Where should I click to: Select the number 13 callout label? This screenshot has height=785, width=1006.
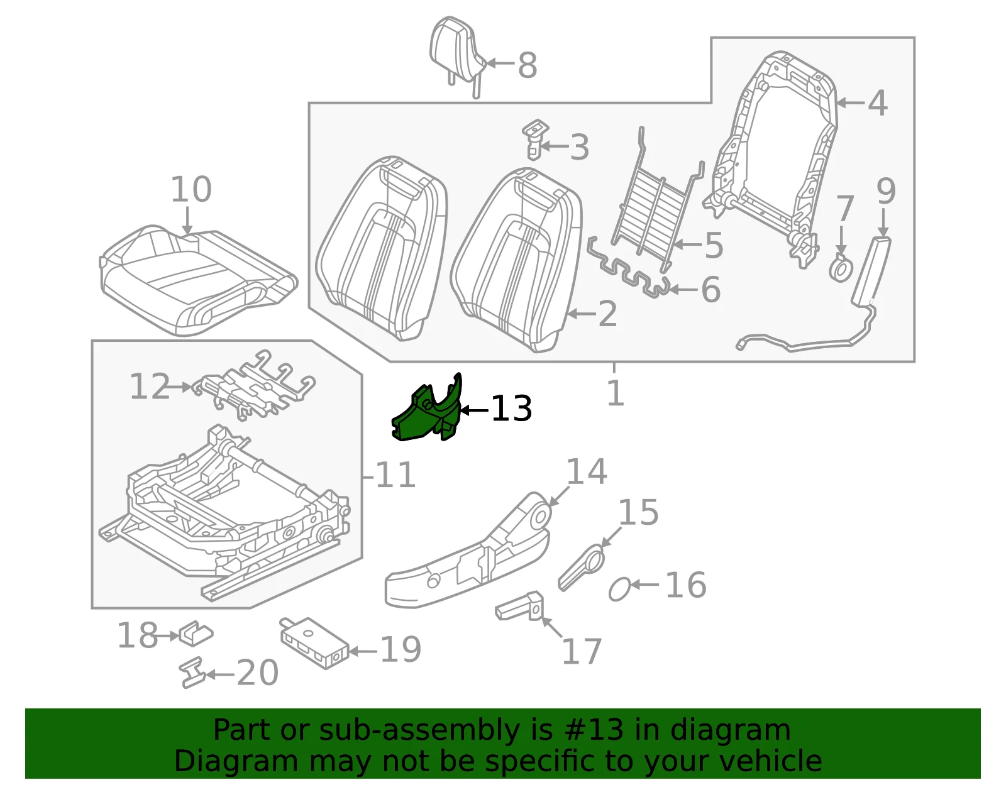click(511, 409)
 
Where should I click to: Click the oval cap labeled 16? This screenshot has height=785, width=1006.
click(619, 589)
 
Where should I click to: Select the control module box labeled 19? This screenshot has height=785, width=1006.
click(314, 642)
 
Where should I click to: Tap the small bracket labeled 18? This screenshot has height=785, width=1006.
click(196, 633)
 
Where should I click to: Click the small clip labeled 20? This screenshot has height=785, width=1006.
click(192, 672)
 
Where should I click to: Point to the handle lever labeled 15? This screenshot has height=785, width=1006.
click(582, 568)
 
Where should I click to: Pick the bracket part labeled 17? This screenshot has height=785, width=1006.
click(520, 606)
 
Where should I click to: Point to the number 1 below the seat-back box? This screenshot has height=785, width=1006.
click(616, 393)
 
